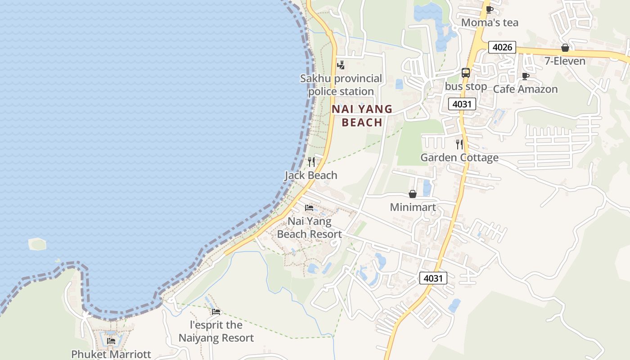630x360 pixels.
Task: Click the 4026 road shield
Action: tap(502, 47)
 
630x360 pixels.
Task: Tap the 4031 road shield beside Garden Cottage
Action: tap(462, 104)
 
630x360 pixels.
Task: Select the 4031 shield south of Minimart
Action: tap(433, 278)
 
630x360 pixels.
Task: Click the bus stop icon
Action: tap(466, 73)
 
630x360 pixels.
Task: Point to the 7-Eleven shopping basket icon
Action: tap(565, 48)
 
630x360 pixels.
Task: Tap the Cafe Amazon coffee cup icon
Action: tap(525, 76)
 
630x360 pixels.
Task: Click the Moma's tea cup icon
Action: tap(490, 9)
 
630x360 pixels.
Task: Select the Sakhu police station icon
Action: tap(341, 65)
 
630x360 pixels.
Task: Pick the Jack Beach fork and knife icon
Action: tap(311, 162)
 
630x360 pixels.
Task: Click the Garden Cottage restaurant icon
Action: tap(459, 144)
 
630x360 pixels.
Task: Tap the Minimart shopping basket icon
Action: tap(412, 194)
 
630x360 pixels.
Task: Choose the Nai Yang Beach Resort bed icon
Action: tap(309, 208)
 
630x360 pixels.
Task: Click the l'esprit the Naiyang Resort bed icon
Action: tap(216, 311)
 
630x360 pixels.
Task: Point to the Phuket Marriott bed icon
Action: tap(111, 341)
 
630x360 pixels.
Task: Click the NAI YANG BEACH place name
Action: tap(362, 116)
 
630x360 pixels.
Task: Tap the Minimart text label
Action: tap(412, 207)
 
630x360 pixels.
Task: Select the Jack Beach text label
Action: tap(311, 175)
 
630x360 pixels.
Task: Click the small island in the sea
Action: tap(37, 244)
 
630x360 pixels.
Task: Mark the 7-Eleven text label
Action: tap(565, 61)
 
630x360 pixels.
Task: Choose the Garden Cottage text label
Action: tap(459, 157)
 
